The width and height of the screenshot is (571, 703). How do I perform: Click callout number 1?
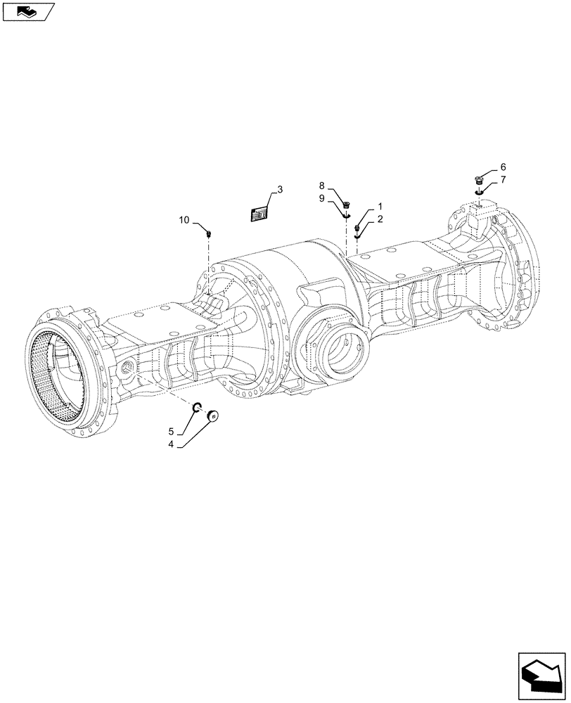[x=380, y=207]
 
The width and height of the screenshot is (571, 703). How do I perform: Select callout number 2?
[x=380, y=219]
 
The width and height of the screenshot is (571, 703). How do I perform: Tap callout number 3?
[x=280, y=190]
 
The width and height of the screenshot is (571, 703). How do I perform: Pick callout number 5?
[x=171, y=430]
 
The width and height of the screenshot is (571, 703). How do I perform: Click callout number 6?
[x=503, y=167]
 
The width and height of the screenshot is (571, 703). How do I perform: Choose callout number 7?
[x=503, y=181]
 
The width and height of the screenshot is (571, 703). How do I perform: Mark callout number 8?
[x=321, y=186]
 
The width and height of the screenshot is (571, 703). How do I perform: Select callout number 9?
[x=321, y=198]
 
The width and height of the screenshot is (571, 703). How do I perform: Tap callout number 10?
[x=184, y=220]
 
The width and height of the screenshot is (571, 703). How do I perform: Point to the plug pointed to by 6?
[x=479, y=179]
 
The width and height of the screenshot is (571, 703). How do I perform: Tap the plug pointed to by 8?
[x=347, y=205]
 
